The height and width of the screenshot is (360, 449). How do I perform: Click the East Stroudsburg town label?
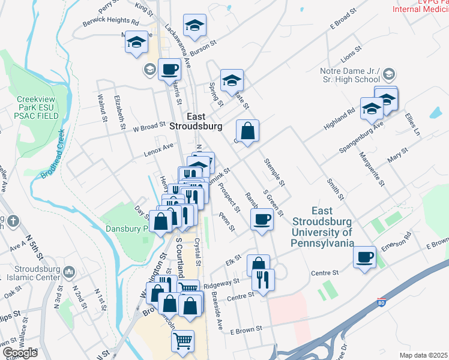[x=196, y=121]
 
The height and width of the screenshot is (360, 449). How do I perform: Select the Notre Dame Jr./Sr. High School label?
[x=350, y=75]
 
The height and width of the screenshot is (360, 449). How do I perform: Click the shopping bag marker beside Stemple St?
[x=247, y=129]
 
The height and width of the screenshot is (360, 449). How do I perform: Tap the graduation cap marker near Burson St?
[x=194, y=25]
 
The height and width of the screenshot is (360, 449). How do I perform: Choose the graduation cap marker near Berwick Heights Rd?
[x=137, y=42]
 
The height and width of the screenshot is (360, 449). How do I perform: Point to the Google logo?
[x=20, y=353]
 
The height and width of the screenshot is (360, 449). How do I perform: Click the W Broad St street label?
[x=149, y=127]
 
